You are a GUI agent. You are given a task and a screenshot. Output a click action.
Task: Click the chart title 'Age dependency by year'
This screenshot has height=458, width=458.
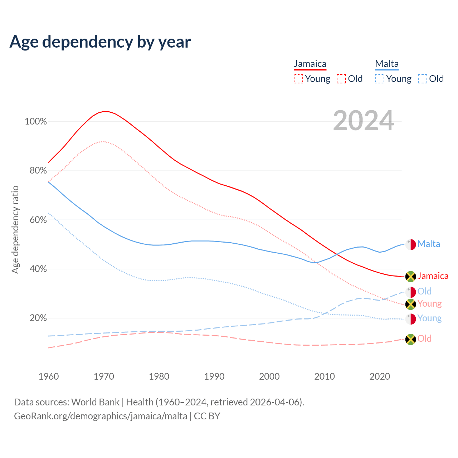(x=100, y=42)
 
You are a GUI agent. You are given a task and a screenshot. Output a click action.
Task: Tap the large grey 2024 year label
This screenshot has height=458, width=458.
(x=364, y=121)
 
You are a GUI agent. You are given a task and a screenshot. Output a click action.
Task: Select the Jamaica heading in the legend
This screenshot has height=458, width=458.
(x=310, y=64)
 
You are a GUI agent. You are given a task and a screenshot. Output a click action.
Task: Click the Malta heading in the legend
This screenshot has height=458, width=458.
(x=387, y=64)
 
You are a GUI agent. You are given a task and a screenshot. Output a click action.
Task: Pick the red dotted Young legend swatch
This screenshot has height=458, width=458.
(x=298, y=79)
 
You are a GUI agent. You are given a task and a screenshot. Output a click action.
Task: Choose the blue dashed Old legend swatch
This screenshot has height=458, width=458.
(x=422, y=79)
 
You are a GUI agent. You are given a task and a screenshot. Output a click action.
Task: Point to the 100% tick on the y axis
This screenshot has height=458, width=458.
(x=36, y=122)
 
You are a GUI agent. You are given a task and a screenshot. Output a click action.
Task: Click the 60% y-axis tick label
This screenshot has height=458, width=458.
(x=38, y=220)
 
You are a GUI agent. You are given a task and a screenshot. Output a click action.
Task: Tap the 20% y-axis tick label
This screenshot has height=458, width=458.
(x=38, y=318)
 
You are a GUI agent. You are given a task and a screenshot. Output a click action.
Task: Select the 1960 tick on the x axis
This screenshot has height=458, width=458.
(x=49, y=376)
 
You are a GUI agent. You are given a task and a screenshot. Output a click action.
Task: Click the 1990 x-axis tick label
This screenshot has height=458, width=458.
(x=214, y=376)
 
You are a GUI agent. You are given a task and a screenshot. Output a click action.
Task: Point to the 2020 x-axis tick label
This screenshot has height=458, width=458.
(x=380, y=376)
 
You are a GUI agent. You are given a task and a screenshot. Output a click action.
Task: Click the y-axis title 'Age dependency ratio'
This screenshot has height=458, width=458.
(x=15, y=229)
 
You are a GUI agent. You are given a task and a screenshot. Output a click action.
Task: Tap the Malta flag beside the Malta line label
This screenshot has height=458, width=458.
(x=410, y=244)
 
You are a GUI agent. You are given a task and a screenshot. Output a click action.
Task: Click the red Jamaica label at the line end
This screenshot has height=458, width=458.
(x=433, y=276)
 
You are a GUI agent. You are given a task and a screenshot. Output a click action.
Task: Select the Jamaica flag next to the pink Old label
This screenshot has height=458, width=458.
(x=410, y=339)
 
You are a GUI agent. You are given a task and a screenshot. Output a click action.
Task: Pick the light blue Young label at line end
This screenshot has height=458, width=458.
(x=429, y=318)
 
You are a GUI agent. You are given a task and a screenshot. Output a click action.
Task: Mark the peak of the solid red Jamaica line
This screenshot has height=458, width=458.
(x=104, y=111)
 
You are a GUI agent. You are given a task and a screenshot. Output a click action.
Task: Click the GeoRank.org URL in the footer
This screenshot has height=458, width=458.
(x=101, y=416)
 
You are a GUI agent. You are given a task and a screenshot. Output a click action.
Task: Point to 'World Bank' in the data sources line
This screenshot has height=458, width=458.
(x=95, y=402)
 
